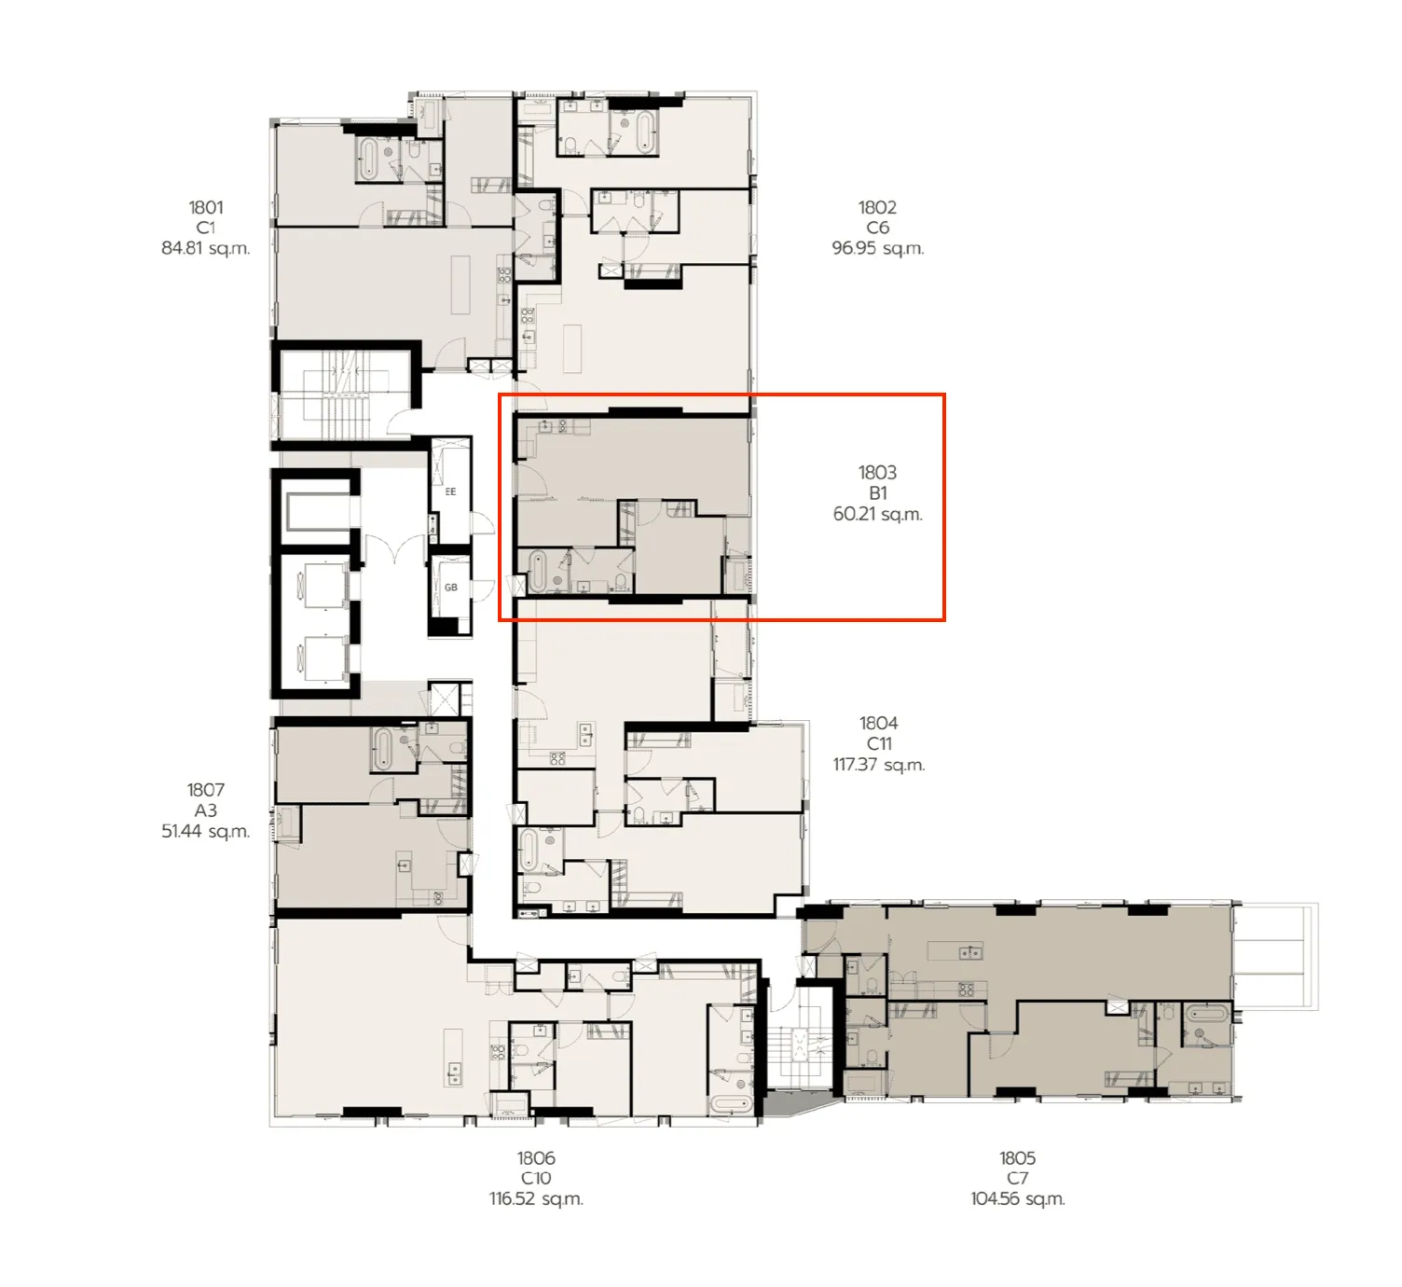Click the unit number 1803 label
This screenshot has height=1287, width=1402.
point(877,473)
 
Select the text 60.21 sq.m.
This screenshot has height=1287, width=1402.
point(877,514)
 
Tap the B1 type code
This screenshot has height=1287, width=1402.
point(877,493)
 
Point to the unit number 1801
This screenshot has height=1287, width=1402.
point(206,207)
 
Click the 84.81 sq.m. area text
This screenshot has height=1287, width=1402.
point(206,248)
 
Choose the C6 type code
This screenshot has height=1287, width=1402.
point(877,228)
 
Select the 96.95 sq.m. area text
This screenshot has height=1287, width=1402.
point(877,248)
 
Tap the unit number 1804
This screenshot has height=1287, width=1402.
point(878,723)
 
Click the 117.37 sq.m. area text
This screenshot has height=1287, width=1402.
point(878,765)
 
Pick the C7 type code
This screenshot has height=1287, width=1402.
point(1017,1178)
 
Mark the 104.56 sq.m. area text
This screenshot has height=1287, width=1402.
point(1017,1198)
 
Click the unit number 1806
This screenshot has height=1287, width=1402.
point(536,1157)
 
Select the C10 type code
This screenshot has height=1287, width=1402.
point(536,1178)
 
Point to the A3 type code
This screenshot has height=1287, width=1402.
point(206,810)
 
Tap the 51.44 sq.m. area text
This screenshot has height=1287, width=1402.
point(206,831)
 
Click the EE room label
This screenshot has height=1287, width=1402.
point(450,491)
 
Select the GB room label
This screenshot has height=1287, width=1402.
point(450,588)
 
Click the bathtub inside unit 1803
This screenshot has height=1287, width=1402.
point(538,572)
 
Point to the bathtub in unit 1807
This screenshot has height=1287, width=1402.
point(382,749)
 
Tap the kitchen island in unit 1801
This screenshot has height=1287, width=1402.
point(460,284)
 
